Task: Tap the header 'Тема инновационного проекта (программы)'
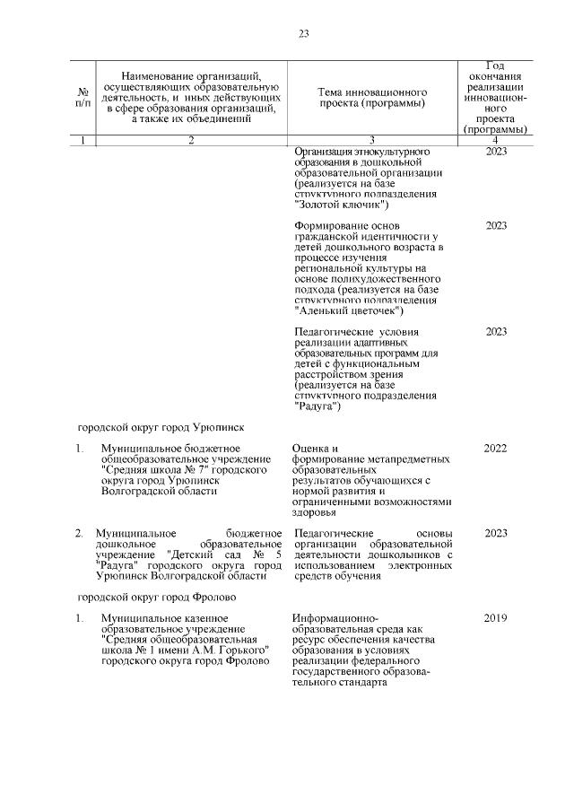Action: (371, 98)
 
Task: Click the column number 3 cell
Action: (371, 141)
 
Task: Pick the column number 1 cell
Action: (83, 141)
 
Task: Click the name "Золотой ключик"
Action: (330, 205)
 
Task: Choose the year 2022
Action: (496, 448)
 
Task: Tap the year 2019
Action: (496, 618)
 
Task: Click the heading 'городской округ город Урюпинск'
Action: (160, 427)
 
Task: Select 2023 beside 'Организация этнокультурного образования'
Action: (496, 152)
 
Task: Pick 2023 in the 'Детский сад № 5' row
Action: (496, 534)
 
